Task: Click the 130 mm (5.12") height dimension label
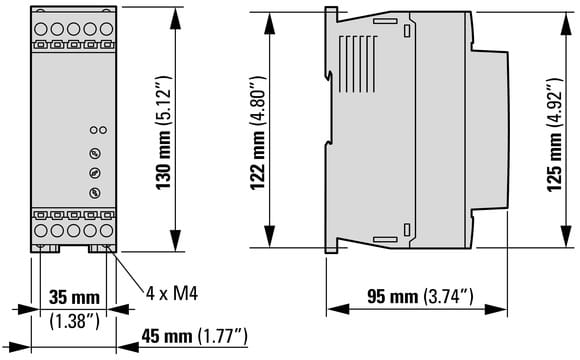(163, 132)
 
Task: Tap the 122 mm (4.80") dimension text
(258, 133)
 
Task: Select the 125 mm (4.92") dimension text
(554, 134)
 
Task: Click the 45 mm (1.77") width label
(194, 336)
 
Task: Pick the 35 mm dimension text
(74, 297)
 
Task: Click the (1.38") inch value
(74, 320)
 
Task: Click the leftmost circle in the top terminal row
(41, 29)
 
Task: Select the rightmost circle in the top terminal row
(107, 29)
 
